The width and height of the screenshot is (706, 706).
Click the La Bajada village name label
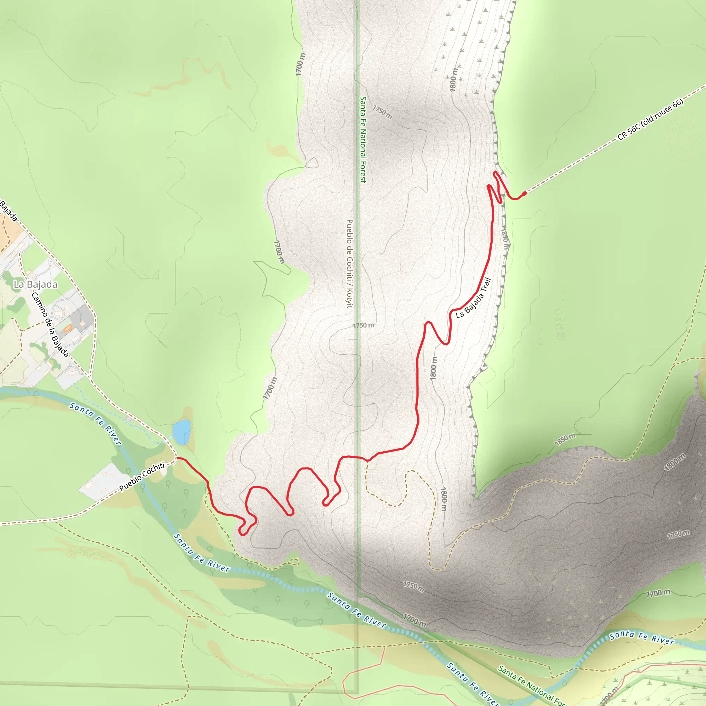[36, 284]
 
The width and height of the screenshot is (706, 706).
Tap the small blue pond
[182, 432]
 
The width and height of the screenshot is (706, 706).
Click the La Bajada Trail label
[473, 298]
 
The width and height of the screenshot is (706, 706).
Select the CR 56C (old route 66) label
[650, 120]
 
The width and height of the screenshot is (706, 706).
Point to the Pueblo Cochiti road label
[142, 477]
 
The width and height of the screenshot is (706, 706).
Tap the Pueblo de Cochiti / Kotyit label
[349, 263]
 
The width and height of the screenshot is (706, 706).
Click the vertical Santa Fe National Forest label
[363, 139]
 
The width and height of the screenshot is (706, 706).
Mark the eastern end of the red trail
[525, 193]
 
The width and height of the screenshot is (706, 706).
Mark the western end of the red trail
[178, 457]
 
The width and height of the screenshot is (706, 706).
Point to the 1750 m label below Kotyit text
[364, 325]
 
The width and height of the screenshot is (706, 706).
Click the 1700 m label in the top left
[300, 65]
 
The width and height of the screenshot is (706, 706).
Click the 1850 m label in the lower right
[565, 440]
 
